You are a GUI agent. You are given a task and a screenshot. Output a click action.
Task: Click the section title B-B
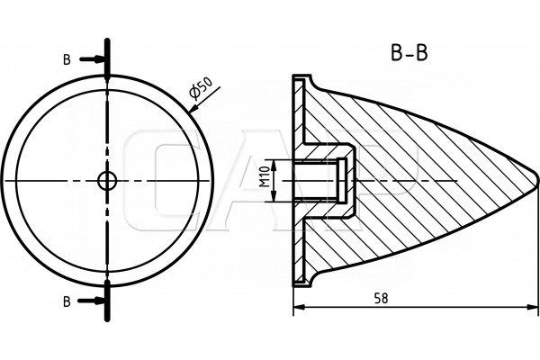409,53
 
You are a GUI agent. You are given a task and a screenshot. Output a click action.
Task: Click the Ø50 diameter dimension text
202,88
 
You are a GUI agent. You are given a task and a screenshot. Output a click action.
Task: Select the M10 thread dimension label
265,176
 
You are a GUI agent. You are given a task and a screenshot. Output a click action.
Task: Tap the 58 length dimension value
381,298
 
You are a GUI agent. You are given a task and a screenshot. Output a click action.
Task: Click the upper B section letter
67,59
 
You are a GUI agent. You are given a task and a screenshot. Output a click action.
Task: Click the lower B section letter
67,301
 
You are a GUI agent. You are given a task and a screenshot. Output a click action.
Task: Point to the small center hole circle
107,181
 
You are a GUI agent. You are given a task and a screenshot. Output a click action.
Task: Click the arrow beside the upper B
92,59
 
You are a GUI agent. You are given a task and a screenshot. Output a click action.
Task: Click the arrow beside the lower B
91,301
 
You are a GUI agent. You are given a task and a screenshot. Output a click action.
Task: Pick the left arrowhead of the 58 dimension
299,307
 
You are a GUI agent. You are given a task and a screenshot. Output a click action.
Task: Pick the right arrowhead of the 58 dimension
532,307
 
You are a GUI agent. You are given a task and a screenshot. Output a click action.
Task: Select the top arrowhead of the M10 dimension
274,166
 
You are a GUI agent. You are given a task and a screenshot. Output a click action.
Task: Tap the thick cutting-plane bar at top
107,57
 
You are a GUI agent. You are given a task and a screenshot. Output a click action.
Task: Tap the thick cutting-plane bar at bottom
107,301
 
